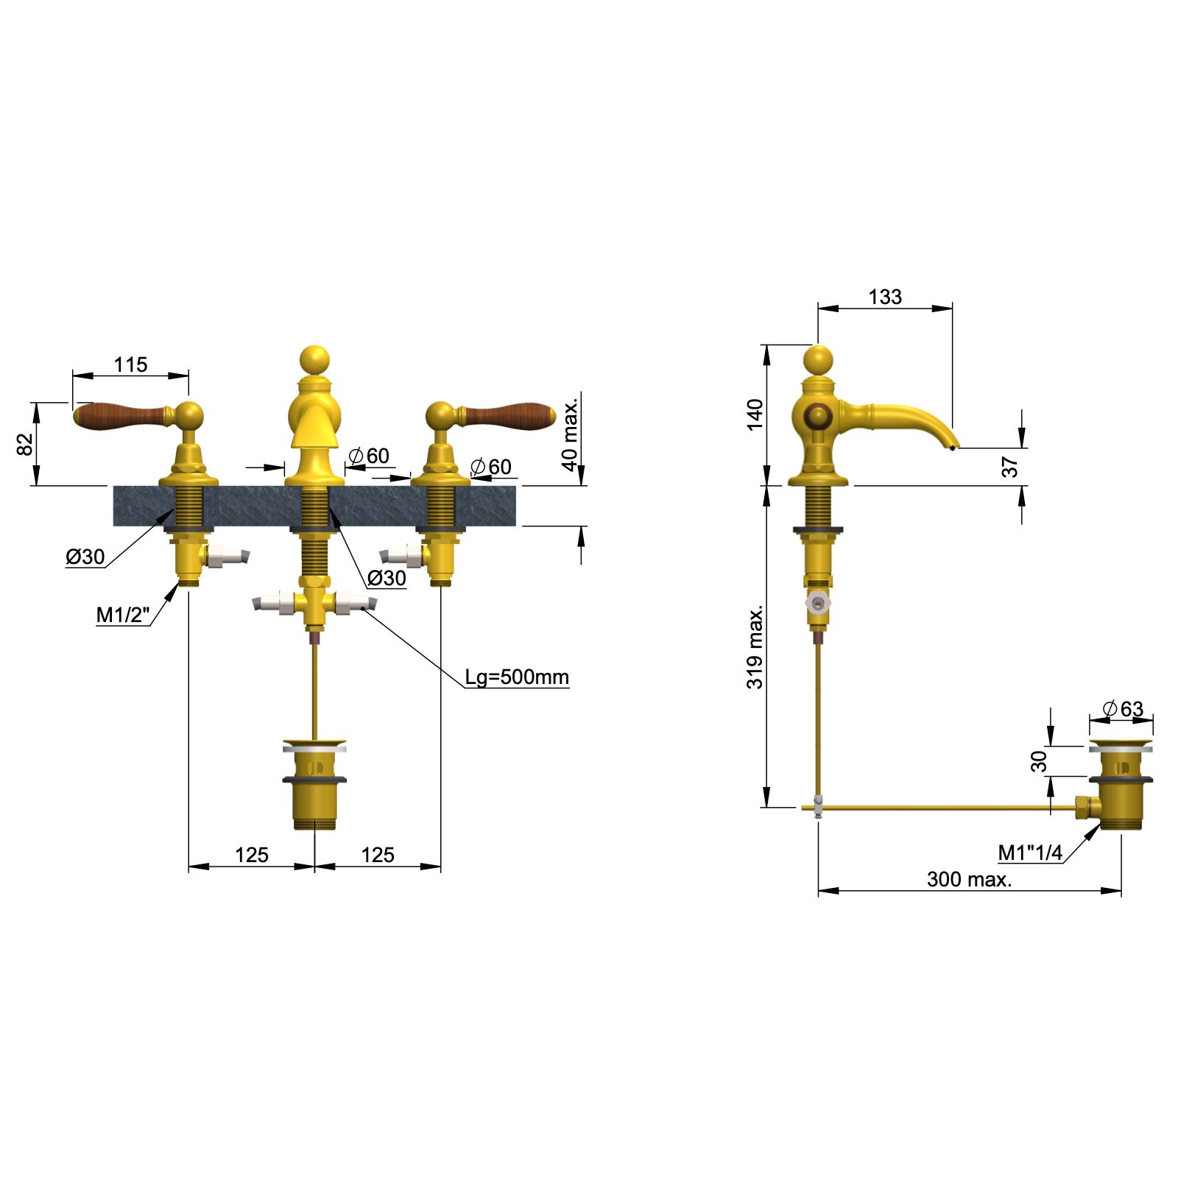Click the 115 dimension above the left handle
click(x=130, y=364)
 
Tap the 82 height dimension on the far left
click(x=25, y=444)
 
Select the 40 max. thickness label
click(x=570, y=435)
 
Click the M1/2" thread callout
click(x=122, y=615)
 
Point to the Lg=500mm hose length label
click(x=516, y=677)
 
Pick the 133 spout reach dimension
click(x=884, y=297)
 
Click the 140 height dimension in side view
click(x=755, y=415)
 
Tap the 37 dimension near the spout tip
click(x=1009, y=467)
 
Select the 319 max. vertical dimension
click(x=755, y=648)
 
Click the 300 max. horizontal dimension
click(x=969, y=879)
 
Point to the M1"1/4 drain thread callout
click(x=1029, y=853)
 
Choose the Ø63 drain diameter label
click(x=1123, y=709)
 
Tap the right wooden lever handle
click(x=508, y=416)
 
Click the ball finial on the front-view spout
click(x=315, y=359)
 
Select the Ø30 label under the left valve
click(x=85, y=557)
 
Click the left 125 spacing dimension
click(x=251, y=855)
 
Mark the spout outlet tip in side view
click(x=953, y=446)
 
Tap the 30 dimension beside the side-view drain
click(x=1039, y=761)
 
